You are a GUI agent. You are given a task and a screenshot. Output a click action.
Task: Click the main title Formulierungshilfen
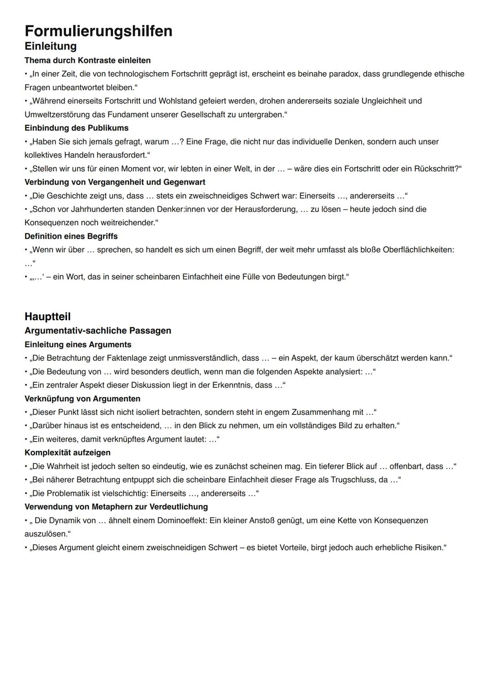click(x=98, y=31)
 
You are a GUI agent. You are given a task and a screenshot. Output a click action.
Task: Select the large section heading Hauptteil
click(x=47, y=316)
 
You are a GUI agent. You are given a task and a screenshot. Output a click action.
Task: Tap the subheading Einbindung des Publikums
click(x=77, y=128)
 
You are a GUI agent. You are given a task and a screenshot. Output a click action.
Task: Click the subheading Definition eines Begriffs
click(x=71, y=236)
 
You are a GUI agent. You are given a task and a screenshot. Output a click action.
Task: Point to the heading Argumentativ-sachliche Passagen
click(x=98, y=330)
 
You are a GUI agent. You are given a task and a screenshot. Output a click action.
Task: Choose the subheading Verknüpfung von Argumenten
click(x=82, y=399)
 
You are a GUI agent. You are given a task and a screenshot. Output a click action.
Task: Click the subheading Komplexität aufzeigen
click(x=67, y=453)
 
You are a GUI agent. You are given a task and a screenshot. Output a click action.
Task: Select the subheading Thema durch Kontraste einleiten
click(x=87, y=61)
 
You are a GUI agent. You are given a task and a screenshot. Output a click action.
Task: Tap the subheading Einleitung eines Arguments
click(x=78, y=345)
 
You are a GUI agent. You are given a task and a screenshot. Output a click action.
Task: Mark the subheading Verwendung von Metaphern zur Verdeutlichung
click(x=116, y=507)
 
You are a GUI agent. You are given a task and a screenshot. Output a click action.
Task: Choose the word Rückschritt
click(x=434, y=169)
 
